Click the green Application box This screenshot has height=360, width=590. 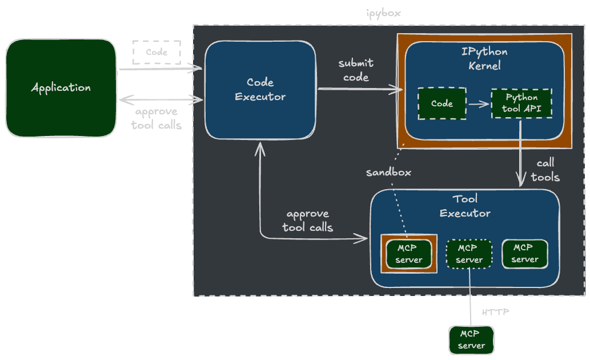pos(61,87)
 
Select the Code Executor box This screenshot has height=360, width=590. pos(260,90)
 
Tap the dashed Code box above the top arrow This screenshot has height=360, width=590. pos(156,52)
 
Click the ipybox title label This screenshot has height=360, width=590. pos(383,13)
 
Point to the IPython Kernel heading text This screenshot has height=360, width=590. pos(484,58)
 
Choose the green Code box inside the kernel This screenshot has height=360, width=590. pos(442,103)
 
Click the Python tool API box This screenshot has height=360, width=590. pos(521,103)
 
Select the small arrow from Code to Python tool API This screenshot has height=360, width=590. pos(479,104)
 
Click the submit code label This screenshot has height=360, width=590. pos(356,70)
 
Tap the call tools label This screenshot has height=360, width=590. pos(545,170)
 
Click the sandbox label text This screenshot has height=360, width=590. pos(388,172)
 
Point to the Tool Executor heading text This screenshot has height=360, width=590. pos(465,206)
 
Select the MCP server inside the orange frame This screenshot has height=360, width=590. pos(409,254)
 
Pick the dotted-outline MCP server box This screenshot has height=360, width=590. pos(469,254)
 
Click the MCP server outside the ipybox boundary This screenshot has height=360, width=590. pos(471,339)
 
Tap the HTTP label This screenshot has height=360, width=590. pos(495,313)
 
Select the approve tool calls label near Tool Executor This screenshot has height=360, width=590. pos(308,221)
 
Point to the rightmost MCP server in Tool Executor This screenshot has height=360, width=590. pos(524,253)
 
